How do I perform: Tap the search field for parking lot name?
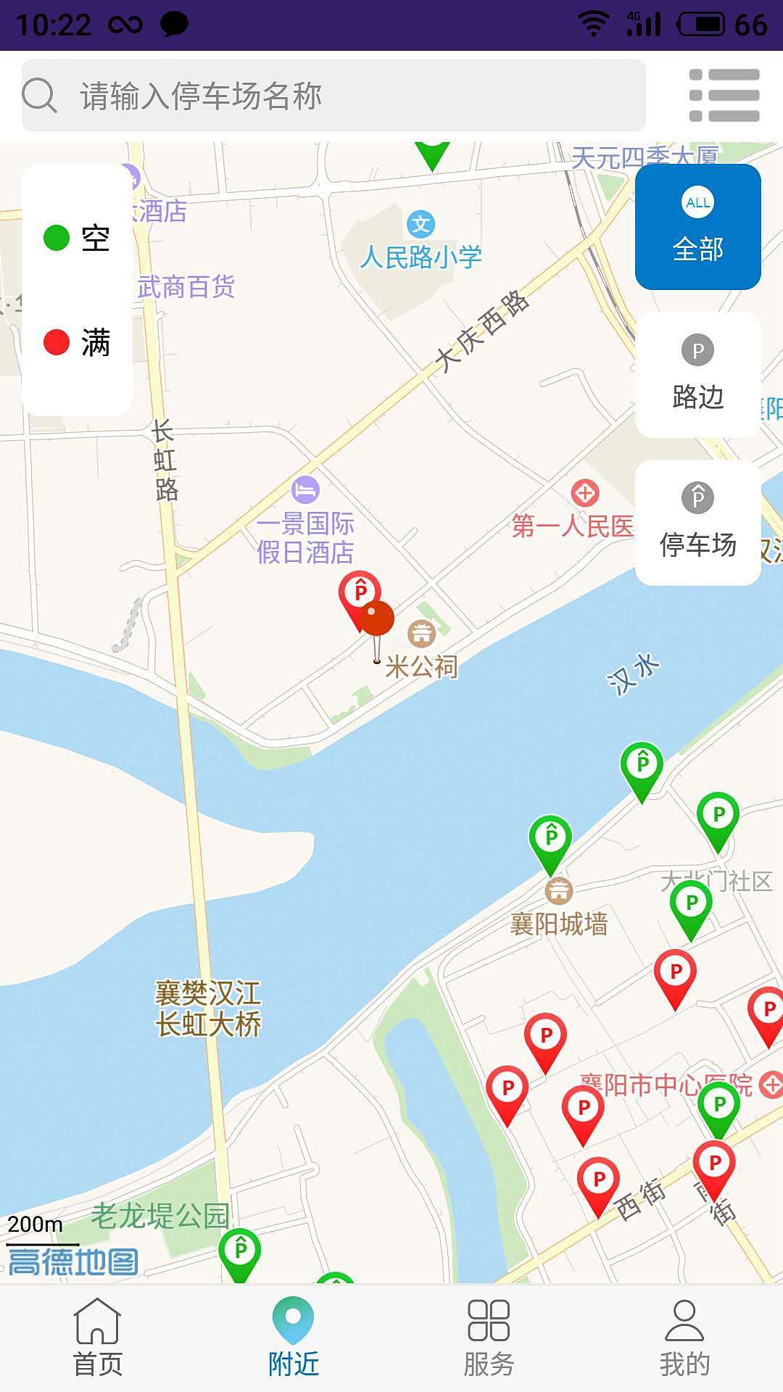[x=333, y=96]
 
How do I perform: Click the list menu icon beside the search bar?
[x=724, y=96]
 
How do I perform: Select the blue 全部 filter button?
[x=697, y=227]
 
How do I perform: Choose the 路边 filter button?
[x=697, y=375]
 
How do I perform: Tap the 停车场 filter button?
[x=697, y=523]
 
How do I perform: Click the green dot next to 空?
[x=57, y=238]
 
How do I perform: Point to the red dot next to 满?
[x=57, y=342]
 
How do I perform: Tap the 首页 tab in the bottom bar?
[x=98, y=1338]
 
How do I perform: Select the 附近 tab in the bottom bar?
[x=294, y=1338]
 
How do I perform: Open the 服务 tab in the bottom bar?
[x=489, y=1338]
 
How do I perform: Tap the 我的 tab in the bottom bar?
[x=684, y=1338]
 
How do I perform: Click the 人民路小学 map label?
[x=420, y=257]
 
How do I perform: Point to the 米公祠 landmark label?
[x=421, y=666]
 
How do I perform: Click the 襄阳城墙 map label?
[x=558, y=924]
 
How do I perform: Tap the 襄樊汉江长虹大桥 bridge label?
[x=208, y=1008]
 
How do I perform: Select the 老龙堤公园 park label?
[x=159, y=1216]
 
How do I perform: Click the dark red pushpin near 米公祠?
[x=377, y=620]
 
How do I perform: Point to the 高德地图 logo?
[x=72, y=1262]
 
